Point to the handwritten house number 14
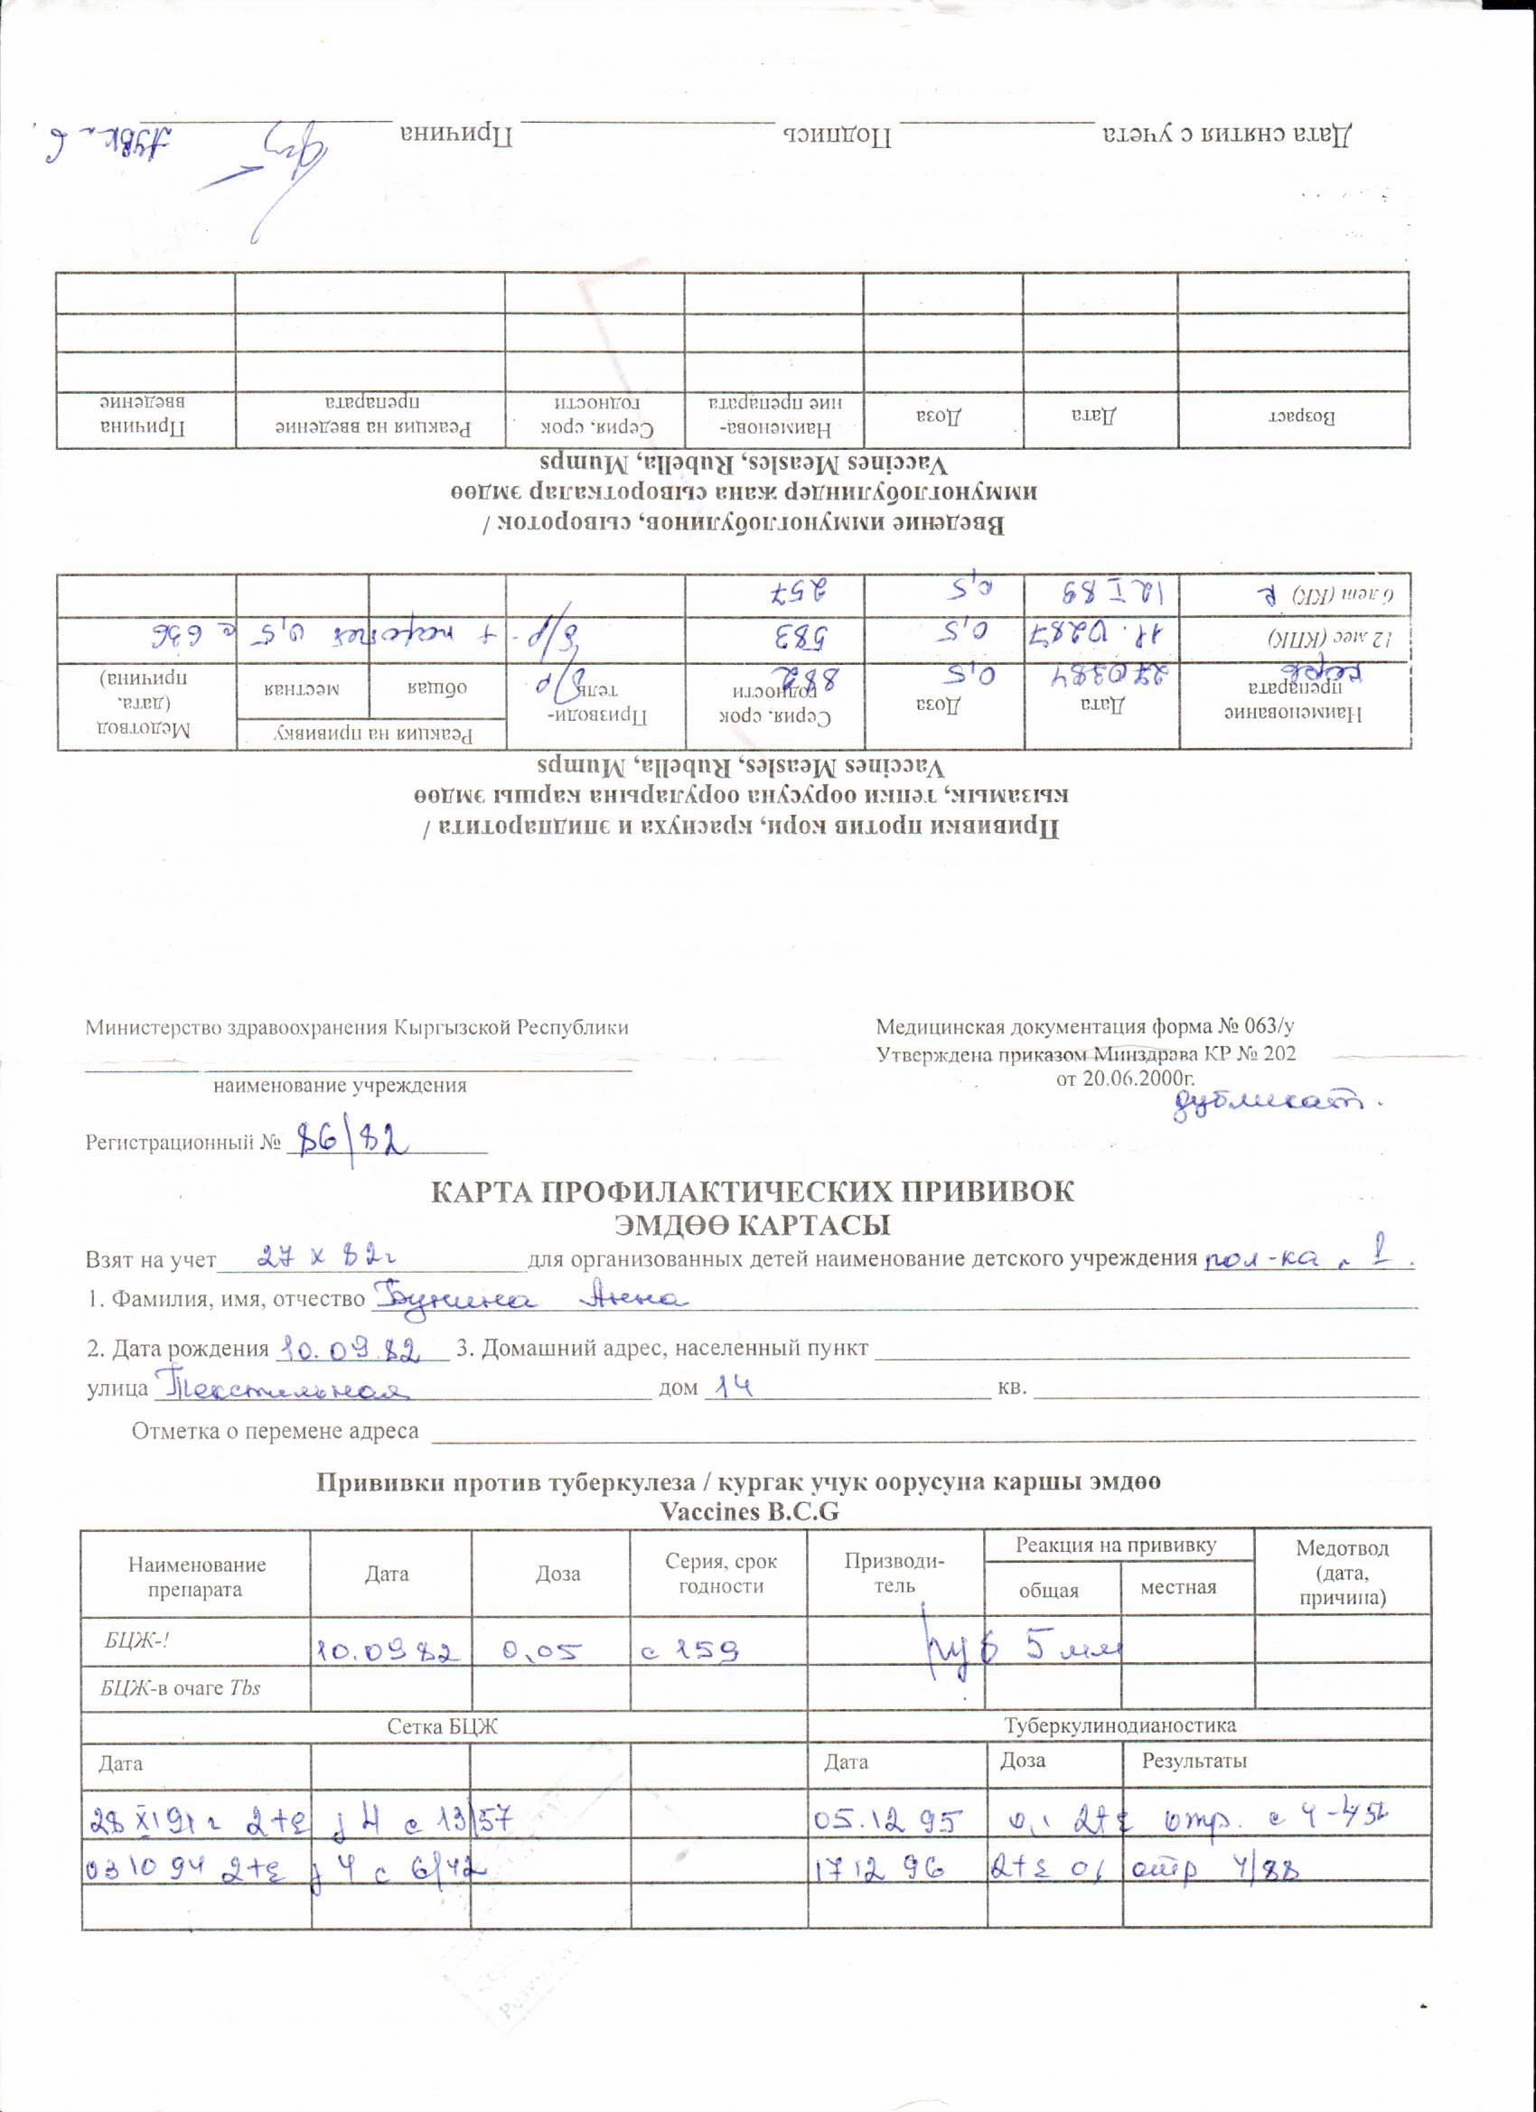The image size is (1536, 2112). click(x=731, y=1387)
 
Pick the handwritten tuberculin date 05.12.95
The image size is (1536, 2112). click(x=885, y=1819)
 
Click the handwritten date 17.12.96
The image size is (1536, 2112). click(x=880, y=1866)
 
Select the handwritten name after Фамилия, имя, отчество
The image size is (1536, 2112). click(x=529, y=1298)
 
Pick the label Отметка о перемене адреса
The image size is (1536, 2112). click(x=275, y=1430)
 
